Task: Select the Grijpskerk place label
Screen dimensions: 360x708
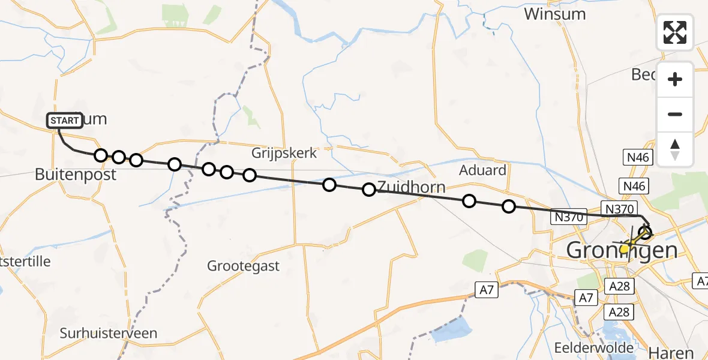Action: point(284,153)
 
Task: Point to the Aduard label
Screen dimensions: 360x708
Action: point(482,170)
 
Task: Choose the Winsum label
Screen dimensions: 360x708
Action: point(554,14)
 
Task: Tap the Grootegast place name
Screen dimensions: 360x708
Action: point(243,265)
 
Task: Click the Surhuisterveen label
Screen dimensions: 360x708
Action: point(109,333)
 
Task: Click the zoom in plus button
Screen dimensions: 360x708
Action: point(675,79)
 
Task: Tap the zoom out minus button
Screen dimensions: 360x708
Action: point(675,114)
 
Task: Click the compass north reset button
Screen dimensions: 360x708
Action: point(675,149)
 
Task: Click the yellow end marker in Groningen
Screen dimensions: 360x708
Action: point(625,248)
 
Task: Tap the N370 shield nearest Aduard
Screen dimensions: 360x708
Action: point(568,217)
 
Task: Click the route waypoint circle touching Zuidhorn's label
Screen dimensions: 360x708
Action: point(369,190)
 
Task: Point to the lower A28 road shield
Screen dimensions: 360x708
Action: point(619,312)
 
